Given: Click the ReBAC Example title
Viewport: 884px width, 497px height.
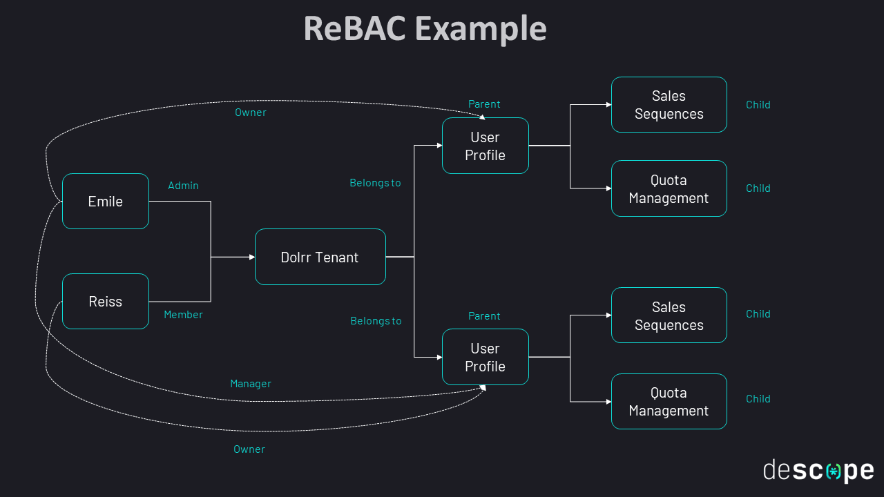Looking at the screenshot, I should click(x=425, y=29).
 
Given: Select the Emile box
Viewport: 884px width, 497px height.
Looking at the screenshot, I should click(x=106, y=202).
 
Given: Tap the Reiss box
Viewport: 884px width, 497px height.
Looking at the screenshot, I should click(x=106, y=302).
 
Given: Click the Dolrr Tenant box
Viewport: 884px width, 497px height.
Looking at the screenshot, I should click(x=320, y=257).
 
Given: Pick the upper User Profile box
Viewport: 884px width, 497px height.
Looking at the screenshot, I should click(x=485, y=146).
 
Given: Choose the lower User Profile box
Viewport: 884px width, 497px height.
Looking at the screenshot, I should click(x=485, y=357).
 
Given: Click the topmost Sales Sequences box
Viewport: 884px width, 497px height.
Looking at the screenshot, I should click(x=669, y=105).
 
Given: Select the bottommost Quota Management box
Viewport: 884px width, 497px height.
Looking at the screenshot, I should click(x=669, y=401).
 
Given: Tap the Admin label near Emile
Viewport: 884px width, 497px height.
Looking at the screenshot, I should click(x=183, y=186).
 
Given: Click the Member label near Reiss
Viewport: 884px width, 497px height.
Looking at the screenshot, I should click(x=183, y=315).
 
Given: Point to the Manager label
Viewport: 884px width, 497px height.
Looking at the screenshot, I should click(x=251, y=384).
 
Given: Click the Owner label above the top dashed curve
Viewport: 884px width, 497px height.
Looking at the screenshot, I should click(x=251, y=113).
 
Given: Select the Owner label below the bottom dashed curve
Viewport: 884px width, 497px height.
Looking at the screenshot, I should click(x=249, y=449).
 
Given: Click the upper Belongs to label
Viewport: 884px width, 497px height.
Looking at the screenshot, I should click(x=375, y=184).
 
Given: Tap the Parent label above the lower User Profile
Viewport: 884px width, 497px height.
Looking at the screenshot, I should click(x=484, y=316).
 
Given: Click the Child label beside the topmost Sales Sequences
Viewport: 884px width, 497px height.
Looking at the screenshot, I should click(x=758, y=105).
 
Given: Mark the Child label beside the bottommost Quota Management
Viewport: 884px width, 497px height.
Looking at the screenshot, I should click(x=758, y=399).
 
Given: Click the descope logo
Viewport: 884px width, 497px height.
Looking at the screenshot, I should click(x=818, y=470).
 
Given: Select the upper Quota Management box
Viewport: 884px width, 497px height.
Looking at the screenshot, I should click(x=669, y=189).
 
